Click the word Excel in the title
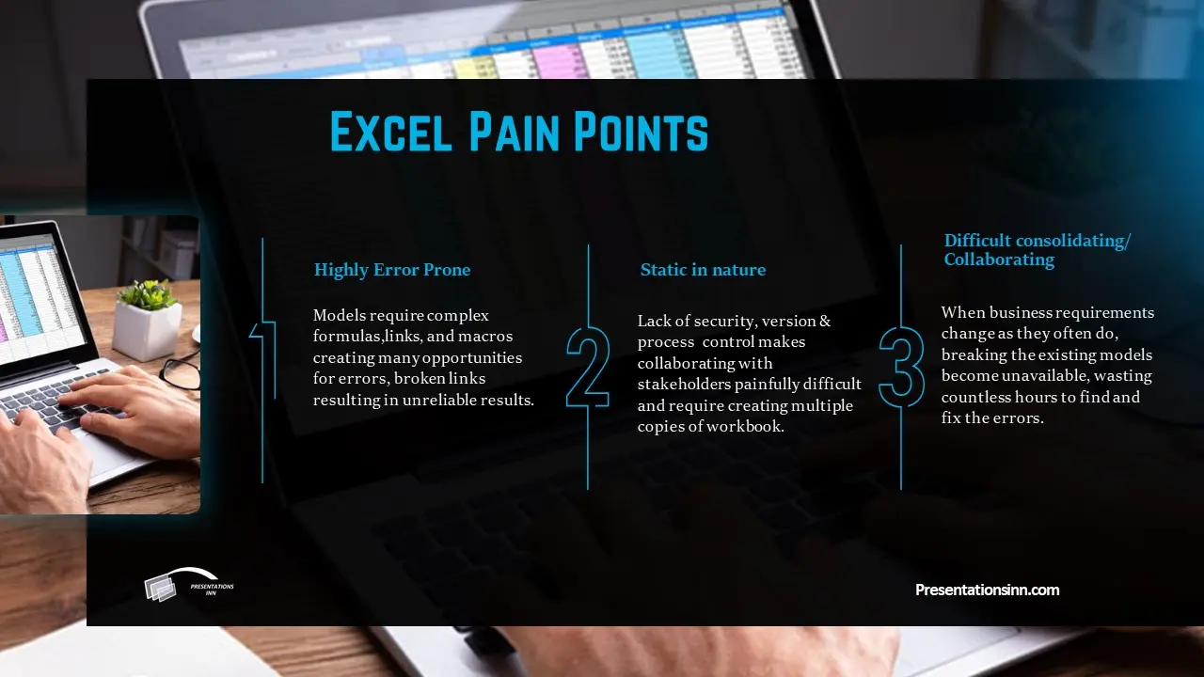pos(390,131)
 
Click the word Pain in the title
pos(515,131)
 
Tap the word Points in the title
pos(642,131)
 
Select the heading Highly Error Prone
pos(392,269)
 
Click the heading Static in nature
pos(703,269)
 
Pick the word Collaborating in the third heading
pos(999,260)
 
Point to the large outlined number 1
pos(263,360)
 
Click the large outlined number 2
pos(588,367)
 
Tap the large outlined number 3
pos(902,367)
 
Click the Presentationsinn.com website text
pos(988,590)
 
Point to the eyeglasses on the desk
pos(180,369)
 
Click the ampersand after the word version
pos(825,322)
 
